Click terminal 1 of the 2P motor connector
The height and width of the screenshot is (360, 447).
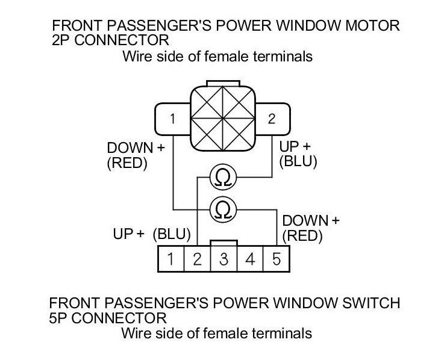[172, 119]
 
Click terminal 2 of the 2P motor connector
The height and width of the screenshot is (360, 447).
[272, 119]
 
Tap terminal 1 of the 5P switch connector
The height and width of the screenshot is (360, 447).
[171, 260]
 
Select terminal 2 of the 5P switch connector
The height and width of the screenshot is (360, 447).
[197, 260]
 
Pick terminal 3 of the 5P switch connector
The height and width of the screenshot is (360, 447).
[223, 260]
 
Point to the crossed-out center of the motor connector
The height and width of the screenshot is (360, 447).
[222, 118]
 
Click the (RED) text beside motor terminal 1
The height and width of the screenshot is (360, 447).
[127, 164]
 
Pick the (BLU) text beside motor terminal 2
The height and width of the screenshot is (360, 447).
[299, 162]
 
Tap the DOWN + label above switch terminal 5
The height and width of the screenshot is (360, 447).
[311, 220]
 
